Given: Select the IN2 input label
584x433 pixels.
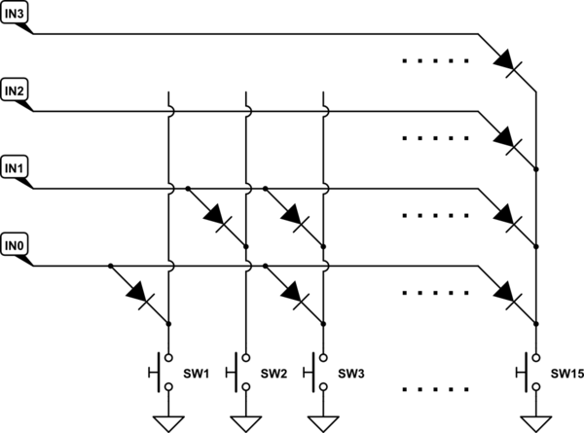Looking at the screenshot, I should pos(16,92).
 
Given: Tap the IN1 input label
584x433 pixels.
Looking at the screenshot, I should pos(16,168).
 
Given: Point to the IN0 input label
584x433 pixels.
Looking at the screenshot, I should pos(16,243).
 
